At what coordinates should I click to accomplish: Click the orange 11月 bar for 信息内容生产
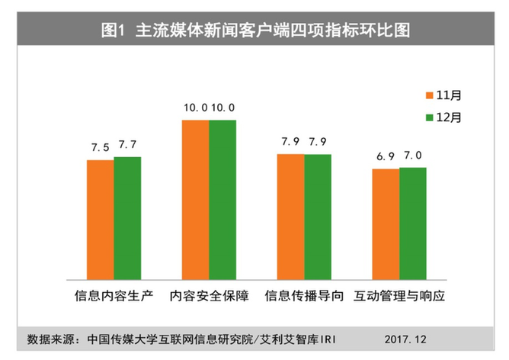coord(100,220)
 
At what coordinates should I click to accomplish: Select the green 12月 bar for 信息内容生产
coord(127,218)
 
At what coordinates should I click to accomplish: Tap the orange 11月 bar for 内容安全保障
coord(195,200)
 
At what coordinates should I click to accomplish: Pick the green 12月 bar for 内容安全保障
coord(222,200)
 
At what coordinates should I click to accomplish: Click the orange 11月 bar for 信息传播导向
coord(290,217)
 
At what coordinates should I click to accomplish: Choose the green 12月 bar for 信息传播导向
coord(318,217)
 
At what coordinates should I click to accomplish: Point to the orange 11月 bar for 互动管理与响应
coord(386,223)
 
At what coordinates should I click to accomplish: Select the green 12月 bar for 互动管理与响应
coord(412,223)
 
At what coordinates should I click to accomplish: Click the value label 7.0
coord(413,157)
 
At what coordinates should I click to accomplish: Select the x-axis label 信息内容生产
coord(114,296)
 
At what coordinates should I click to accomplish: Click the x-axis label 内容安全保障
coord(209,296)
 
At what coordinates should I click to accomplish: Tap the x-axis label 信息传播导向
coord(304,296)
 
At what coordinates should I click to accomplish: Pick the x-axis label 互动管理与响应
coord(399,296)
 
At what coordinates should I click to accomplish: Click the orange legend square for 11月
coord(429,95)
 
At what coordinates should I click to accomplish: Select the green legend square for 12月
coord(429,117)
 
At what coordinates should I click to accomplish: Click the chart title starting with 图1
coord(254,31)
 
